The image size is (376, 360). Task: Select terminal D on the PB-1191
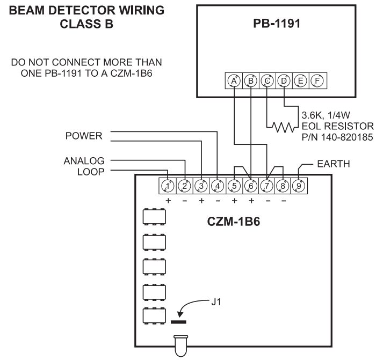pyautogui.click(x=284, y=80)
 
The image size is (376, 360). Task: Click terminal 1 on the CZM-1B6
pyautogui.click(x=168, y=186)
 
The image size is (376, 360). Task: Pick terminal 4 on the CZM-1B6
pyautogui.click(x=217, y=186)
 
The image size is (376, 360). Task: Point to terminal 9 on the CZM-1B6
pyautogui.click(x=299, y=186)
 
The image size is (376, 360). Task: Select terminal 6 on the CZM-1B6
pyautogui.click(x=250, y=186)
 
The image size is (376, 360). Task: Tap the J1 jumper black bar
pyautogui.click(x=178, y=322)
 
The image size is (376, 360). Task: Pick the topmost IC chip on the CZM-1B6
pyautogui.click(x=153, y=216)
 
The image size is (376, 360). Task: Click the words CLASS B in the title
pyautogui.click(x=86, y=24)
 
